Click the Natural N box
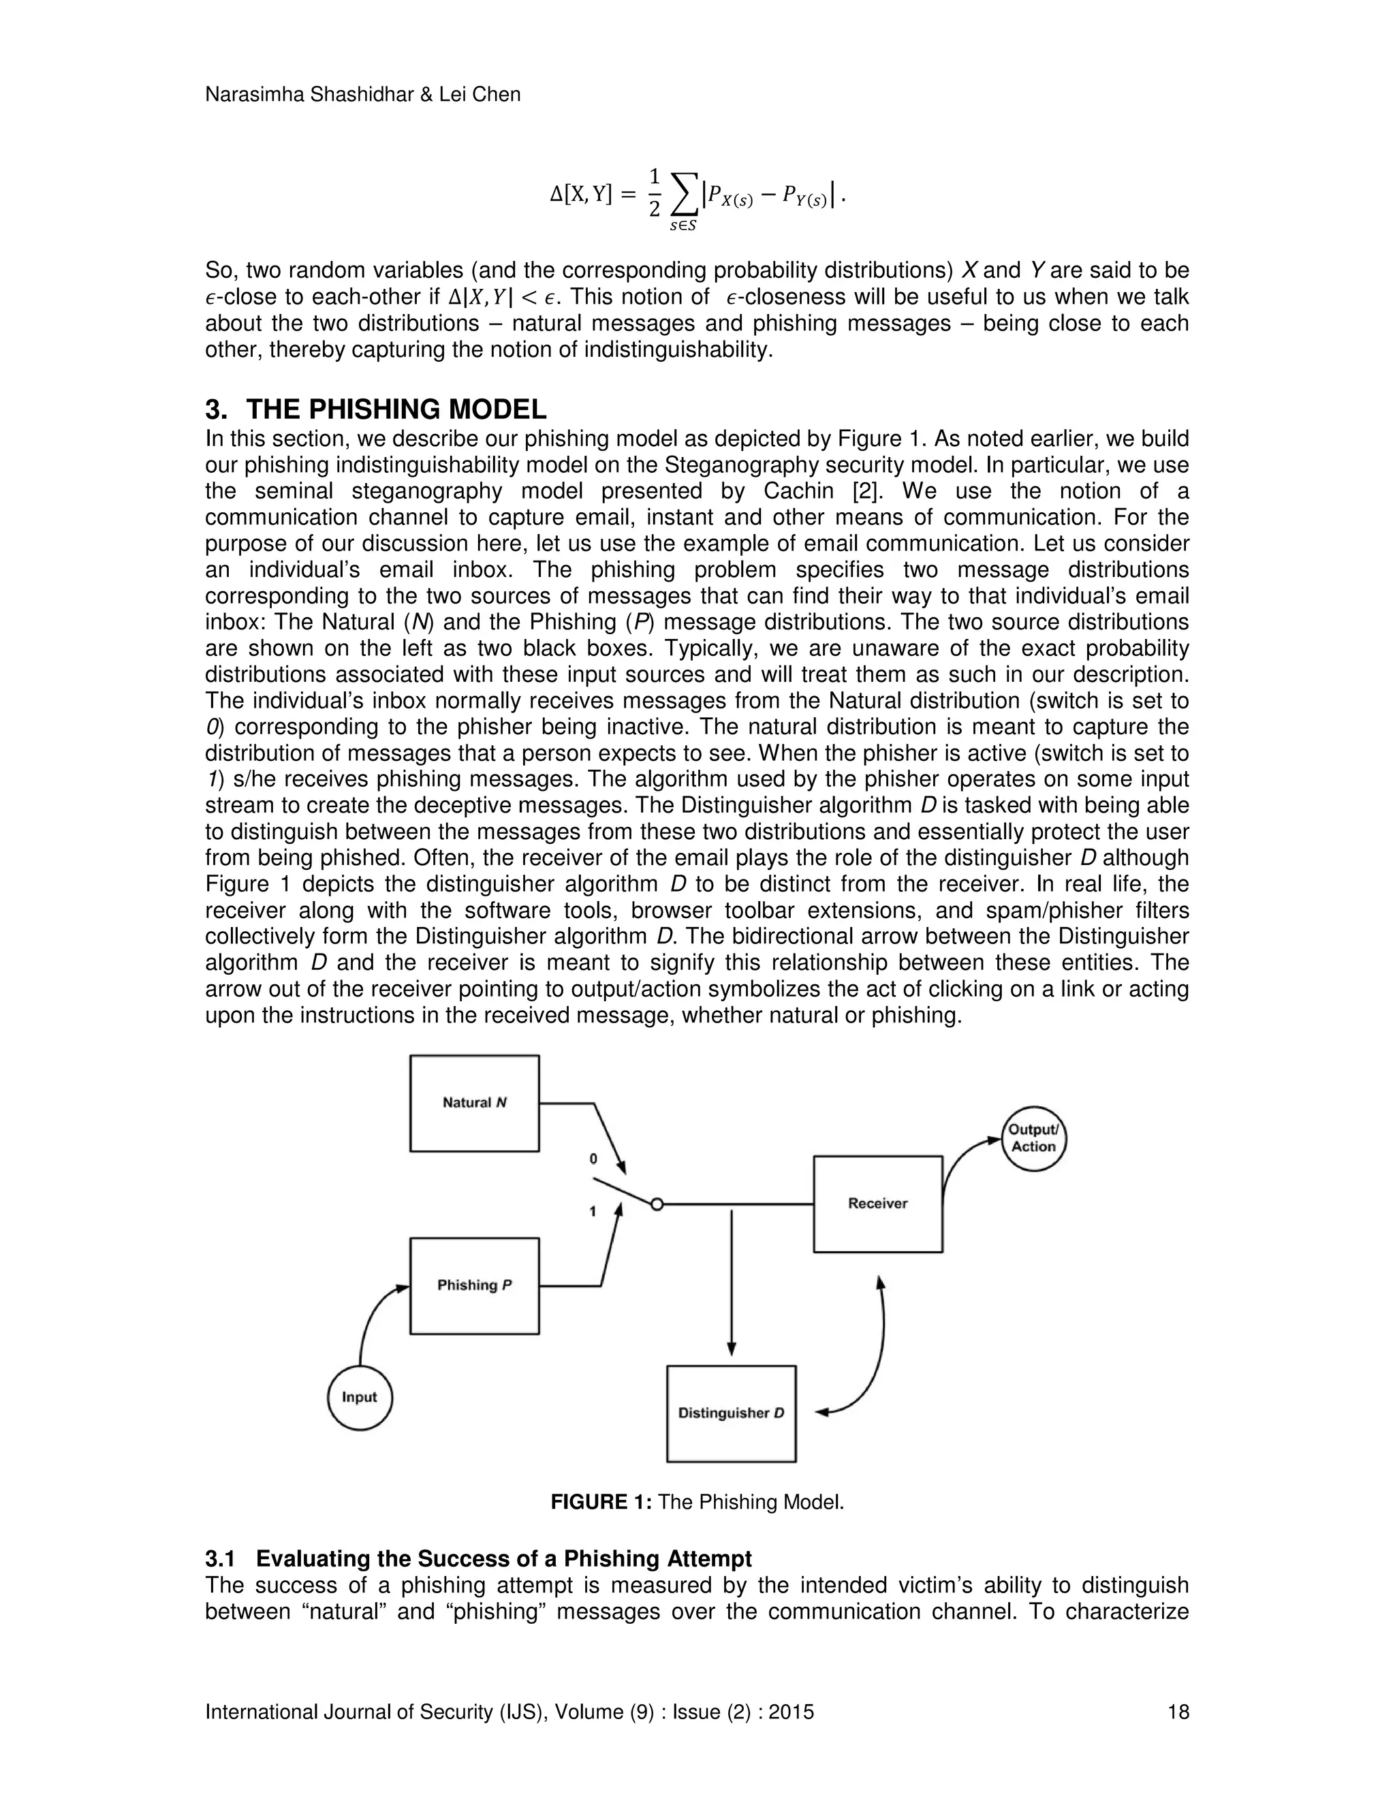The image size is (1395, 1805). pos(474,1103)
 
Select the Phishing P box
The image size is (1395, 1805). pos(474,1285)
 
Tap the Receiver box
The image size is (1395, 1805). pos(877,1204)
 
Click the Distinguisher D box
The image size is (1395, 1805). pos(731,1413)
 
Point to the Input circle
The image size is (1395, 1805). pos(360,1398)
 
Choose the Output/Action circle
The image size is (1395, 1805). pos(1034,1138)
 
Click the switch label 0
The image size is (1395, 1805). pos(593,1159)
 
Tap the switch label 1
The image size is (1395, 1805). pos(593,1212)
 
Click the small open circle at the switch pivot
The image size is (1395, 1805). pos(657,1205)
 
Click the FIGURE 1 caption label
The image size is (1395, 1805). pos(601,1503)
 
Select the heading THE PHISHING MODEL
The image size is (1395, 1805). pos(396,409)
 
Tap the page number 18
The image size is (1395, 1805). pos(1178,1712)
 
